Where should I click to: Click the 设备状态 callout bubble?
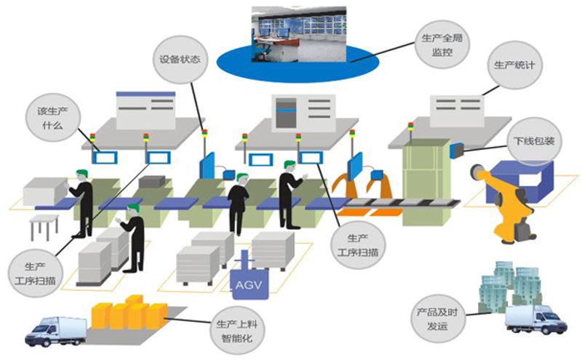tap(180, 60)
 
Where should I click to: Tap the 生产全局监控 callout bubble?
tap(442, 44)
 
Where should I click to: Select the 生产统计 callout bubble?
tap(514, 65)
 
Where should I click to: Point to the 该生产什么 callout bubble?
tap(52, 117)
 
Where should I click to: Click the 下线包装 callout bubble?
tap(535, 141)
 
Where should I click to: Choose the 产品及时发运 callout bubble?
tap(437, 319)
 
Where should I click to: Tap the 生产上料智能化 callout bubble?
tap(237, 331)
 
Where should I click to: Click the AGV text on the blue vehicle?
tap(249, 285)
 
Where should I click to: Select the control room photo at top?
tap(299, 33)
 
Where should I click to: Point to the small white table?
tap(44, 226)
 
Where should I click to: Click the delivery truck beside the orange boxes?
tap(56, 332)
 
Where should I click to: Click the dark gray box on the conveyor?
tap(152, 182)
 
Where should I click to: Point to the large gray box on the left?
tap(45, 191)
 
